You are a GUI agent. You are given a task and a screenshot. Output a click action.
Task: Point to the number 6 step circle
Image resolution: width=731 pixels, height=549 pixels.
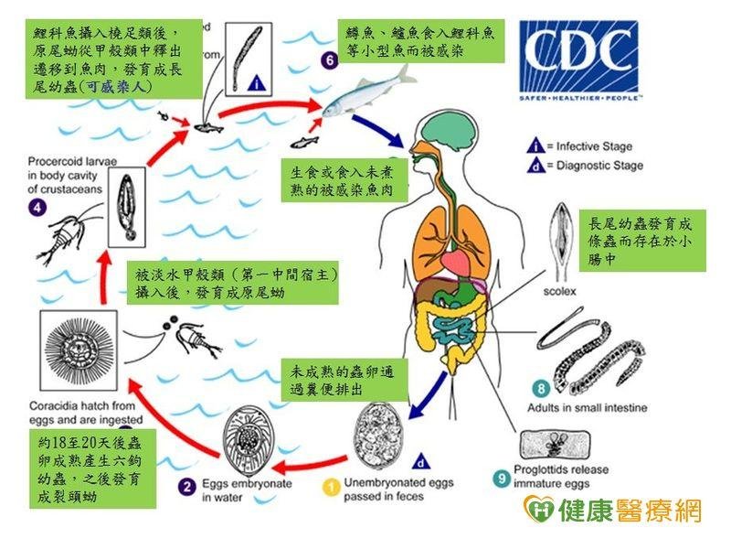click(330, 60)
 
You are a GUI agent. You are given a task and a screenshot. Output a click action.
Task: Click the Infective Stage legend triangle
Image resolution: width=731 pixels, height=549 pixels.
click(536, 146)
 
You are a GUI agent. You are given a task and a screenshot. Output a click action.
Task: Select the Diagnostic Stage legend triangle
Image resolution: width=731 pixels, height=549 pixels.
click(536, 166)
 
